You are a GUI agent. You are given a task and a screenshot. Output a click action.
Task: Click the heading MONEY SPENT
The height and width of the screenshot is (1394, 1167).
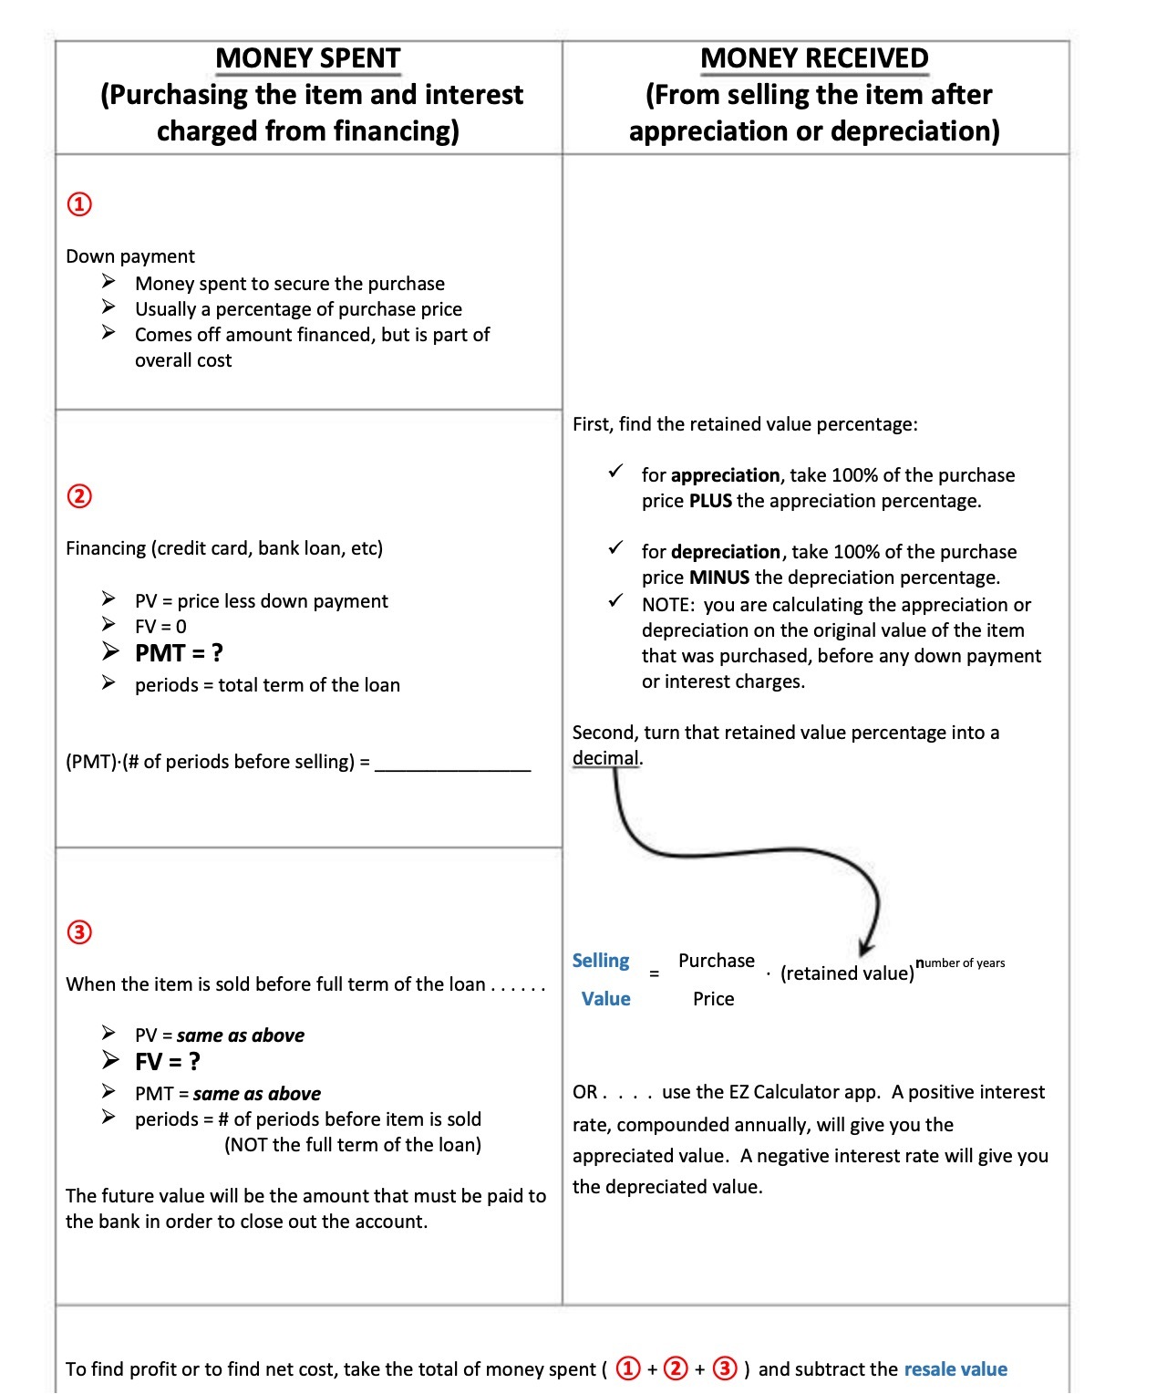point(308,58)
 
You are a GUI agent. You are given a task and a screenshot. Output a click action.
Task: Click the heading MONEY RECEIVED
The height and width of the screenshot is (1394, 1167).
point(814,58)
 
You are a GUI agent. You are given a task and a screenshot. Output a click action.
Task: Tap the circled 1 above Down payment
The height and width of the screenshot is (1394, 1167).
point(80,203)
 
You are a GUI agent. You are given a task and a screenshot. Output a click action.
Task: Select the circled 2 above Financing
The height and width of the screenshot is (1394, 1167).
point(80,496)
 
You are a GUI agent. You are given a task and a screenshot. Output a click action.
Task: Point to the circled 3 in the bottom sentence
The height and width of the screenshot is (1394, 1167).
point(725,1368)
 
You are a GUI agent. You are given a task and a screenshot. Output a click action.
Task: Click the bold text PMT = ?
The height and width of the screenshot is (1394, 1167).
point(179,653)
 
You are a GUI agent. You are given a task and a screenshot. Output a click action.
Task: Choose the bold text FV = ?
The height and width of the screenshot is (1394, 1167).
point(167,1062)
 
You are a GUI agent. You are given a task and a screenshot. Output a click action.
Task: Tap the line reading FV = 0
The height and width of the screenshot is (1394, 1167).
point(160,627)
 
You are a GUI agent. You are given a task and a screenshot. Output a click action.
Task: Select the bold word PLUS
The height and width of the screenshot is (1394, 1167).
point(710,501)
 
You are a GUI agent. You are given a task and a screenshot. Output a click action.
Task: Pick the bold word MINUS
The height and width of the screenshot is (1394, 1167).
point(719,577)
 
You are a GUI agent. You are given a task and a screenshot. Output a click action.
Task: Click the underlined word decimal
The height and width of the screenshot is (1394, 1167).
point(605,758)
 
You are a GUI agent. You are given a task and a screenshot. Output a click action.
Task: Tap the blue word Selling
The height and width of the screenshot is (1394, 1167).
point(601,961)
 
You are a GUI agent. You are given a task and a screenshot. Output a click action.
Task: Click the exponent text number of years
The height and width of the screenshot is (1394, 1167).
point(960,962)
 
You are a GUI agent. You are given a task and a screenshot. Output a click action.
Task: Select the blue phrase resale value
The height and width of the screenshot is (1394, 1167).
point(955,1369)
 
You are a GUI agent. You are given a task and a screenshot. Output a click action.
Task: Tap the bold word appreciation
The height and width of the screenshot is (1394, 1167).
point(725,475)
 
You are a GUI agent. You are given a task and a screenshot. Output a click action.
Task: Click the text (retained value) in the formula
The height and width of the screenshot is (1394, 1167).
point(847,973)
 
